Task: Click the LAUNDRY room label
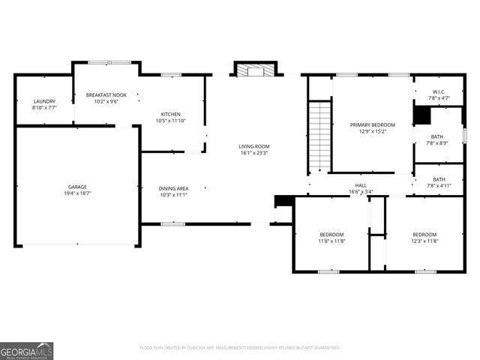(x=44, y=101)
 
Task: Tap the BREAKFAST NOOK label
(x=106, y=95)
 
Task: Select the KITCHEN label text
(x=170, y=114)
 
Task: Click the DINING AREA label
(x=173, y=188)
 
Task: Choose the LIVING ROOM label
(x=254, y=146)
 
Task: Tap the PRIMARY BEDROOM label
(x=373, y=124)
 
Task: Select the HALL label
(x=361, y=185)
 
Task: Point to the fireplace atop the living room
(x=255, y=70)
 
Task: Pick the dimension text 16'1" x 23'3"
(x=254, y=153)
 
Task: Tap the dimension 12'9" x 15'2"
(x=373, y=131)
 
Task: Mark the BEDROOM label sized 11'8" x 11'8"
(x=331, y=234)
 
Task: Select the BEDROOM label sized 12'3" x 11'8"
(x=424, y=234)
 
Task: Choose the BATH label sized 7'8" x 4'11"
(x=439, y=179)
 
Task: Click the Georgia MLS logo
(x=27, y=351)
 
